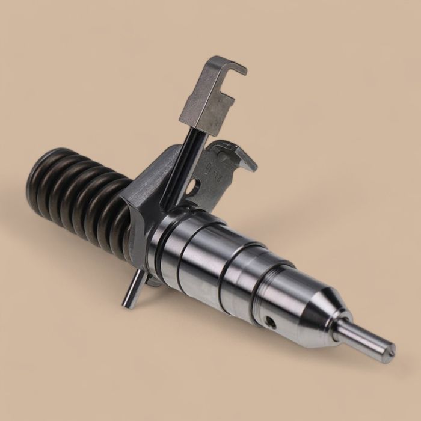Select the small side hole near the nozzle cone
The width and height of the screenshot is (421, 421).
tap(271, 322)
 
